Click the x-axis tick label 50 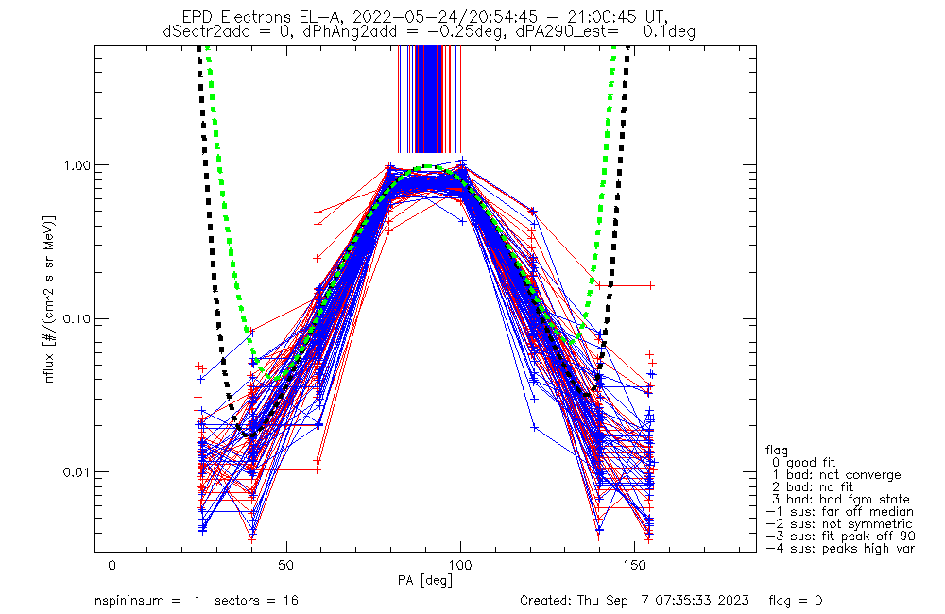285,565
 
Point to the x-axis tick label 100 459,565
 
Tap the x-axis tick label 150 633,565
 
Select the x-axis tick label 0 112,565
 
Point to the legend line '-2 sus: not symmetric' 839,523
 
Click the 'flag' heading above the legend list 778,450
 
